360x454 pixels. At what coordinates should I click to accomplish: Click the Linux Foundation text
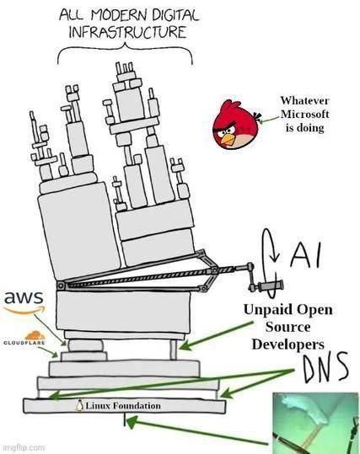click(x=121, y=406)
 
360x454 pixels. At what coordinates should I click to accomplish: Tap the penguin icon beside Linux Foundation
click(x=78, y=406)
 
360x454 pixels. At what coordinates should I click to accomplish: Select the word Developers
click(x=287, y=345)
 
